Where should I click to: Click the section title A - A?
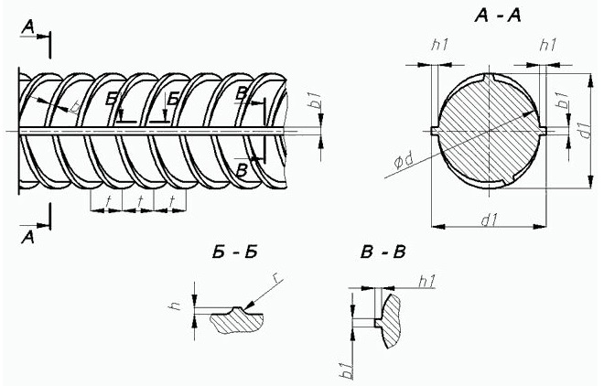pos(498,16)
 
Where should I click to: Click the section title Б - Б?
pos(234,252)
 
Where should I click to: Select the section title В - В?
pos(383,252)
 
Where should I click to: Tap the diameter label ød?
pos(404,160)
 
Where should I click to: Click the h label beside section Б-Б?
pos(176,306)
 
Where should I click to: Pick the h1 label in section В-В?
pos(426,282)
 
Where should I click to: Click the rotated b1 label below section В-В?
pos(347,370)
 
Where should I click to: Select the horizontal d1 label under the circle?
pos(490,220)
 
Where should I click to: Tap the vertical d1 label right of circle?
pos(585,129)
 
